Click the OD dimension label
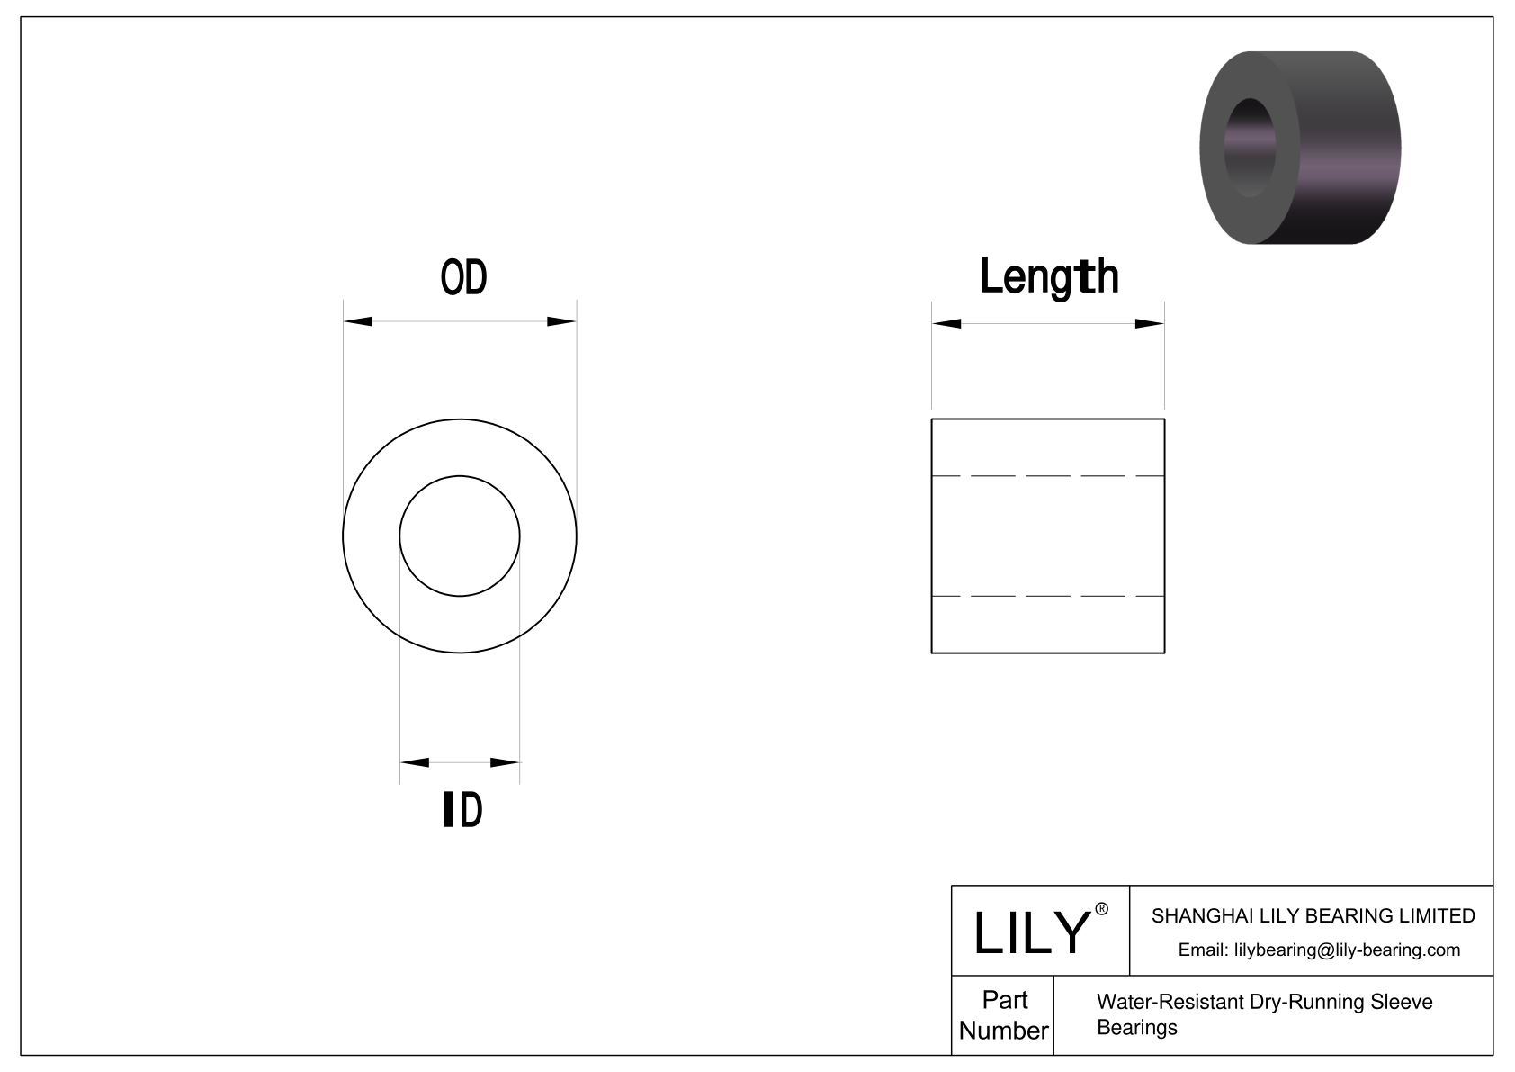pos(463,277)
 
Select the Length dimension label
pos(1049,276)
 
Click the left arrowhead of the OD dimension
pos(358,321)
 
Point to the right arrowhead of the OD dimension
pos(561,321)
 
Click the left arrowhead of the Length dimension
pos(946,324)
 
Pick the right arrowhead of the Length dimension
pos(1150,324)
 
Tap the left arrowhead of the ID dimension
pos(414,763)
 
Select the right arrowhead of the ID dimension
pos(506,763)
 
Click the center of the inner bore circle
pos(460,536)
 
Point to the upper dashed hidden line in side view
pos(1048,475)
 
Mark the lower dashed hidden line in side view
pos(1048,596)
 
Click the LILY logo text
pos(1032,932)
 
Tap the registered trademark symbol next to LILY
pos(1102,909)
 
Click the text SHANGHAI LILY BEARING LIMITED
pos(1313,916)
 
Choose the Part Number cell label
pos(1003,1015)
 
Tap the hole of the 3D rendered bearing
pos(1251,147)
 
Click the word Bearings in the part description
pos(1136,1028)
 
